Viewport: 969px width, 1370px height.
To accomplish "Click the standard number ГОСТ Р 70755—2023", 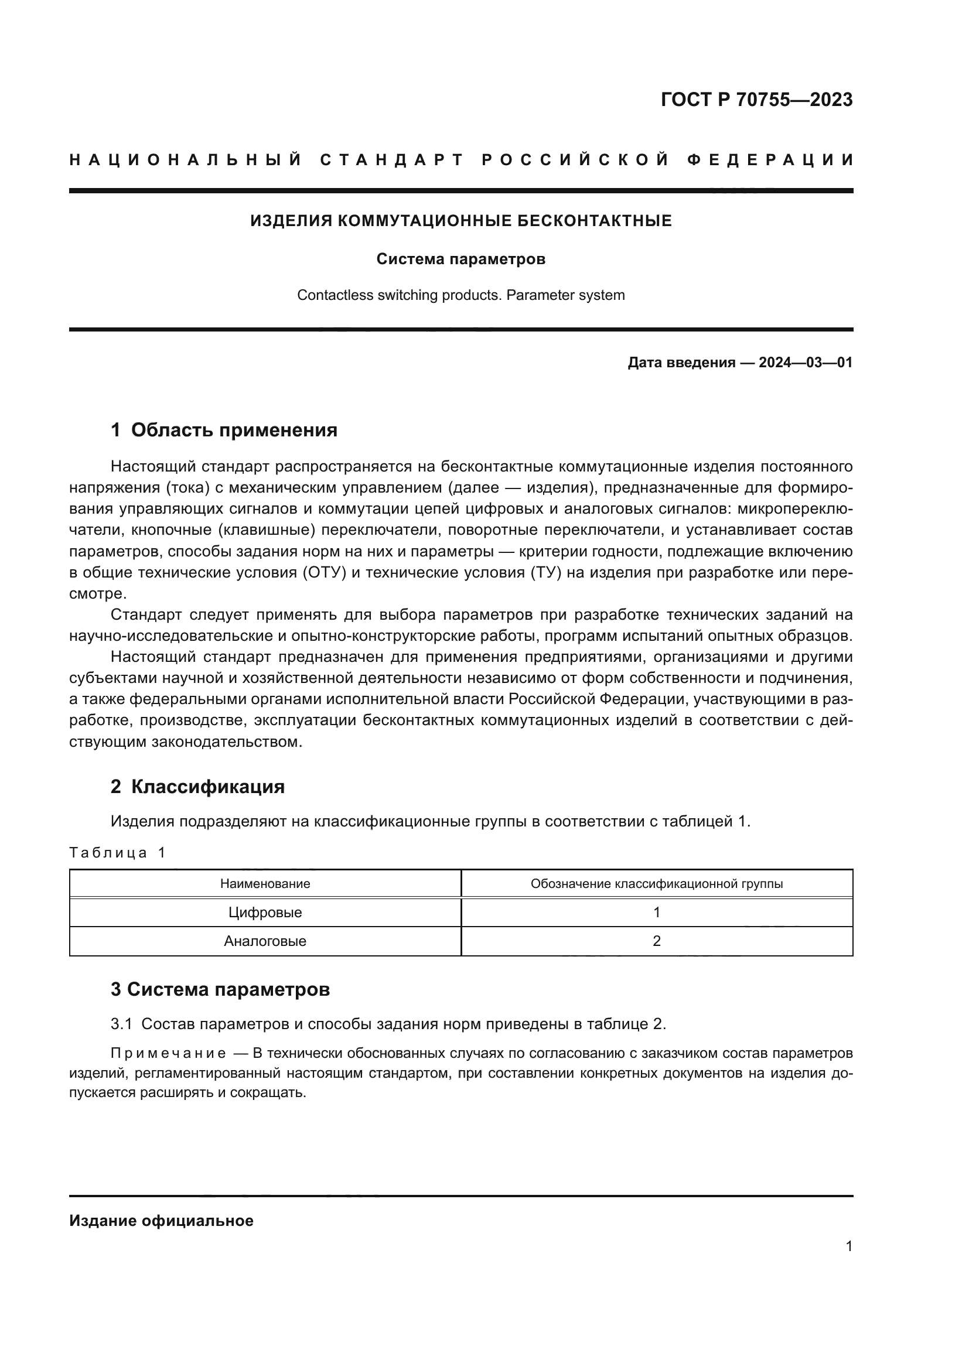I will click(x=756, y=100).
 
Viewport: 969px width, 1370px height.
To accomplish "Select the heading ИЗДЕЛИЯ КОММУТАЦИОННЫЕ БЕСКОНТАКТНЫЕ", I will click(x=460, y=221).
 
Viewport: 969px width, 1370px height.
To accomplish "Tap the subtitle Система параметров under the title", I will click(x=460, y=259).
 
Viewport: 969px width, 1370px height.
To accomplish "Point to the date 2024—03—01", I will click(x=805, y=363).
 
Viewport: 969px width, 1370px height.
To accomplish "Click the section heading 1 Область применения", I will click(x=224, y=431).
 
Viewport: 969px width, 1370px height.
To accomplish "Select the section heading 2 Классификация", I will click(x=197, y=787).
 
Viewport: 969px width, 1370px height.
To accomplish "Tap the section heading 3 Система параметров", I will click(x=220, y=989).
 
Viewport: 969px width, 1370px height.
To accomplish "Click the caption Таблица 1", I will click(x=117, y=853).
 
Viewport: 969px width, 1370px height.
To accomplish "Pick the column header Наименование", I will click(x=265, y=884).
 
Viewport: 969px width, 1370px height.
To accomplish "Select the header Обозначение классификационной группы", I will click(x=656, y=884).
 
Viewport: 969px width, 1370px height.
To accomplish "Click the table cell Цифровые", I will click(x=265, y=913).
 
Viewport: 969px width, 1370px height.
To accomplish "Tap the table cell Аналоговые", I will click(x=265, y=941).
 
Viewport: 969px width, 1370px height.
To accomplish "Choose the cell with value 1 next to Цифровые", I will click(x=656, y=913).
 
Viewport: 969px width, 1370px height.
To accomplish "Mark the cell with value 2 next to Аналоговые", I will click(x=656, y=941).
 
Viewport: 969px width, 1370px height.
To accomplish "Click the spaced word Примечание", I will click(x=168, y=1053).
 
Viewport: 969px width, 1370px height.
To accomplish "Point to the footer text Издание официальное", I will click(x=161, y=1221).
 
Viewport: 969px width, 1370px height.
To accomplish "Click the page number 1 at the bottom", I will click(x=848, y=1246).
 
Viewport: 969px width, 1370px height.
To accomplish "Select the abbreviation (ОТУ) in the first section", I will click(x=325, y=573).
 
